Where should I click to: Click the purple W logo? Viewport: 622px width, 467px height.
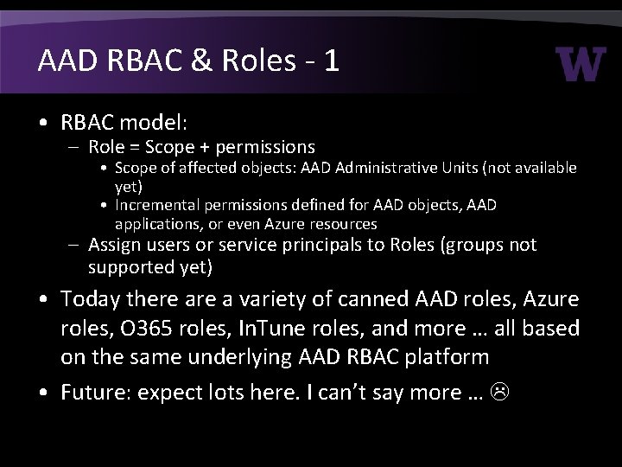pyautogui.click(x=581, y=64)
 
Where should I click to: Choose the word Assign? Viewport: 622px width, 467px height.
pyautogui.click(x=114, y=246)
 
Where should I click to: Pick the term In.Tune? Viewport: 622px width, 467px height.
pyautogui.click(x=291, y=329)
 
